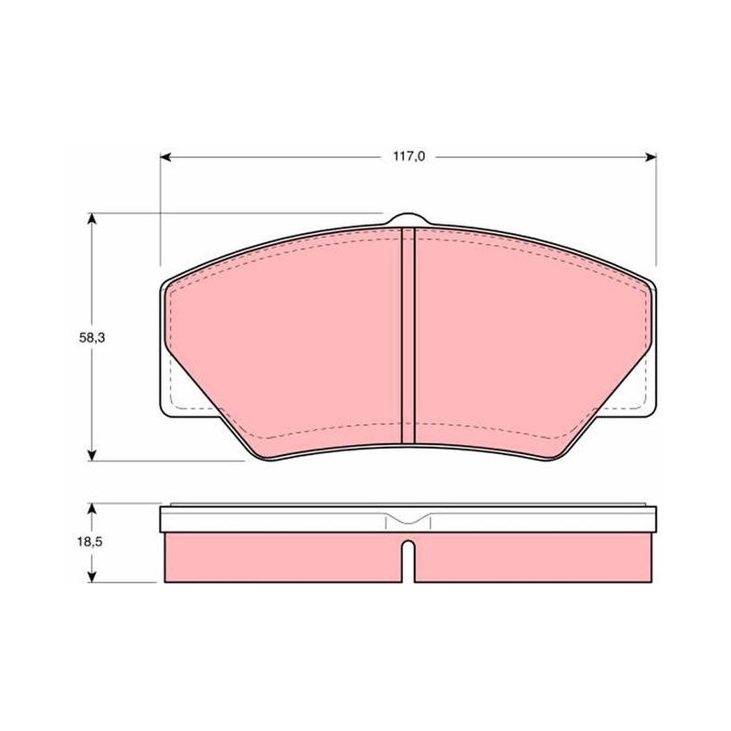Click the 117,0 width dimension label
tap(408, 156)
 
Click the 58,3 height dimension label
tap(92, 338)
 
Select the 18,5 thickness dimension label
tap(90, 542)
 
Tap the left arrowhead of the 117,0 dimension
tap(164, 157)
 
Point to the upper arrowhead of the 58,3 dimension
tap(92, 218)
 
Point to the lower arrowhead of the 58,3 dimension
tap(92, 455)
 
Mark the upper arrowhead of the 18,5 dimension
tap(92, 508)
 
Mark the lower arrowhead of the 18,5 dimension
tap(92, 577)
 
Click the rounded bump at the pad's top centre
tap(408, 218)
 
